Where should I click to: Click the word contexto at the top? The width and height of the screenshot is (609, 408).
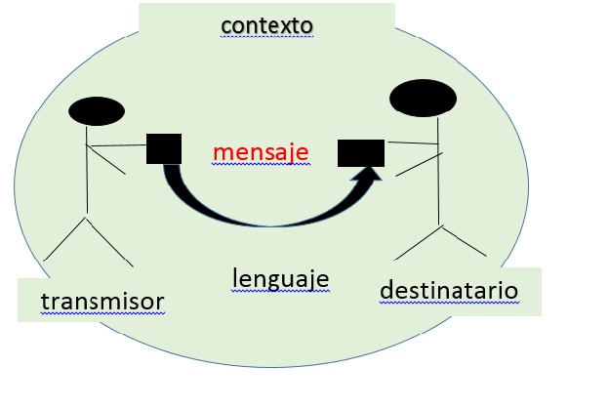(x=266, y=22)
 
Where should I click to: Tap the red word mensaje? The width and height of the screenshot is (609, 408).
(x=261, y=152)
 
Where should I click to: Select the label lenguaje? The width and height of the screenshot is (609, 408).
(x=280, y=279)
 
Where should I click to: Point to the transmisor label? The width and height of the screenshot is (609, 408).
(x=101, y=302)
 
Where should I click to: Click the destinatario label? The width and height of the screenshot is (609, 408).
(x=448, y=290)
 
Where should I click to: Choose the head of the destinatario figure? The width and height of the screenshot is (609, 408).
(x=423, y=99)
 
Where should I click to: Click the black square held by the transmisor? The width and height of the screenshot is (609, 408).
(x=164, y=147)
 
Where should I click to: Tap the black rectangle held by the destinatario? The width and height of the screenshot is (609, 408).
(x=360, y=152)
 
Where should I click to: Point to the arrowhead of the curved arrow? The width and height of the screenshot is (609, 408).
(x=372, y=177)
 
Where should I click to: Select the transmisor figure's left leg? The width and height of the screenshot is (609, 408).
(x=64, y=239)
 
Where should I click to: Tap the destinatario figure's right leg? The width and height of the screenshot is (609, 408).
(x=464, y=239)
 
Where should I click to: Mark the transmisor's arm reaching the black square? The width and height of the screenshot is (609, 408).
(x=116, y=147)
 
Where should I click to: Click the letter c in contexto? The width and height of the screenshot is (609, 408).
(x=225, y=23)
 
